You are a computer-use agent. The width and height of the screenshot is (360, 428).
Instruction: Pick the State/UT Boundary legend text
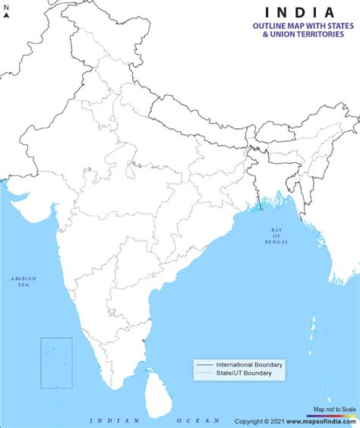(242, 373)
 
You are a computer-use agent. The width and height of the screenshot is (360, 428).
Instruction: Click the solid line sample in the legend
(203, 365)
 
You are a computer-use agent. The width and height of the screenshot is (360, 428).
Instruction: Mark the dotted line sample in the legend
(203, 373)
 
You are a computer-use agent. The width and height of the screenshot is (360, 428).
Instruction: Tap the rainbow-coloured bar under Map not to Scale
(334, 414)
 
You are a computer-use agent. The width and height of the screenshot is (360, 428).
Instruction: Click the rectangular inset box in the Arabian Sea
(56, 363)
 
